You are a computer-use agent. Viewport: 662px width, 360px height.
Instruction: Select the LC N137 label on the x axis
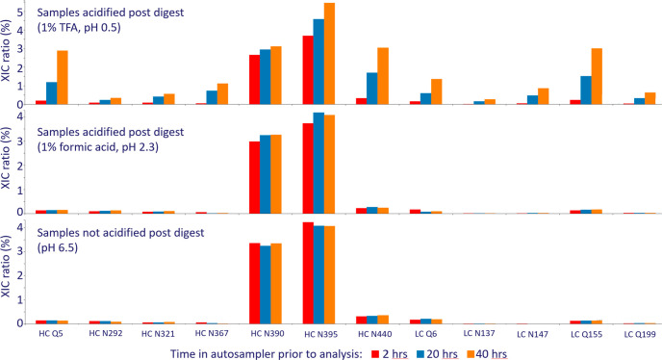pos(479,334)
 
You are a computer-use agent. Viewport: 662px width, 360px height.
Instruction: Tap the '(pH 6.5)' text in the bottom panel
pos(56,247)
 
